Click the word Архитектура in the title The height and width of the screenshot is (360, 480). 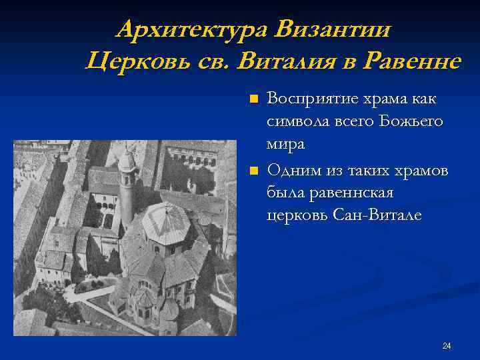[192, 30]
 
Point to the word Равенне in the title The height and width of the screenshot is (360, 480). [411, 61]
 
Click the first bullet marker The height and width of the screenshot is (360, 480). [253, 100]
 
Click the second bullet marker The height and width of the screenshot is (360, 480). [253, 172]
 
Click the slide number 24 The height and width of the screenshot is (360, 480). [447, 345]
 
